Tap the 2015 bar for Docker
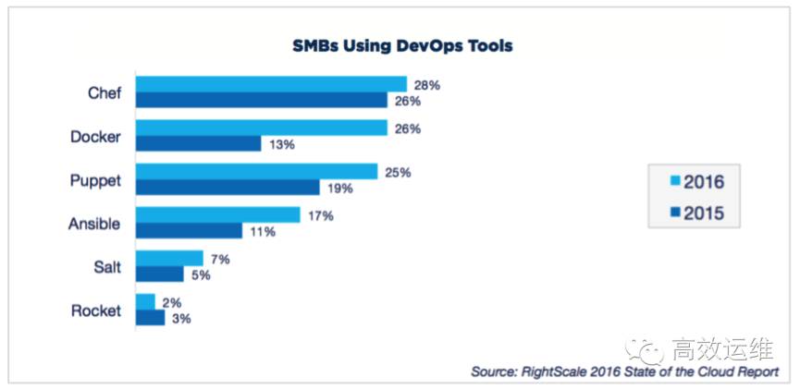coord(198,143)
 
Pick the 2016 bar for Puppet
coord(256,172)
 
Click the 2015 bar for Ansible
coord(189,231)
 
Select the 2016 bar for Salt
coord(169,258)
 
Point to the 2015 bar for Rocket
coord(150,318)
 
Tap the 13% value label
coord(282,144)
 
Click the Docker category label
coord(95,137)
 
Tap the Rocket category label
coord(95,311)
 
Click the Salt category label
coord(105,267)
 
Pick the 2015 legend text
coord(705,213)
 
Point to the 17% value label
coord(321,215)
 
